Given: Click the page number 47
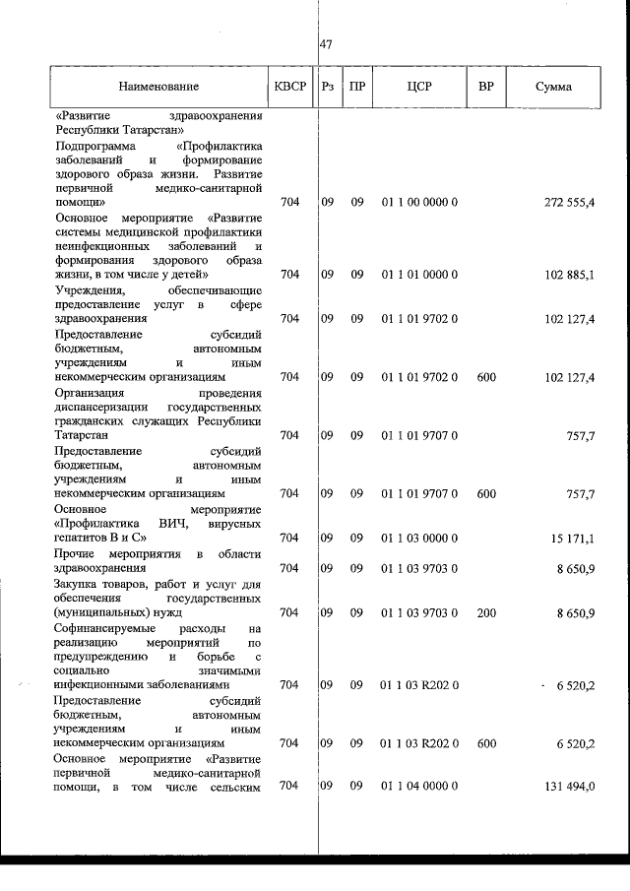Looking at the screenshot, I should point(327,44).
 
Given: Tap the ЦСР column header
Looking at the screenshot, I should point(419,86).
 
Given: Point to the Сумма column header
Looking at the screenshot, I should point(553,87).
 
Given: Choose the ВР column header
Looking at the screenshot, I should point(485,86).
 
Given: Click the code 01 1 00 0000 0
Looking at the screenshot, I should point(419,202).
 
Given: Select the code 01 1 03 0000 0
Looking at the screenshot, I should point(419,538).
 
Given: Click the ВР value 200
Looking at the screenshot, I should point(485,612).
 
